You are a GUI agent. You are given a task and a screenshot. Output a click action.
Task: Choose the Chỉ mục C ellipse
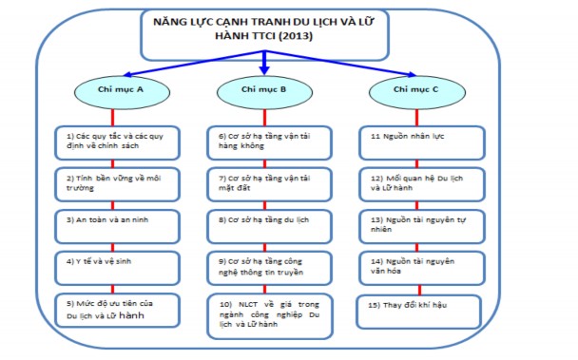(413, 89)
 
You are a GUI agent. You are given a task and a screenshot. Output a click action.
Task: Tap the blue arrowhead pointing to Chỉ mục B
(263, 69)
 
